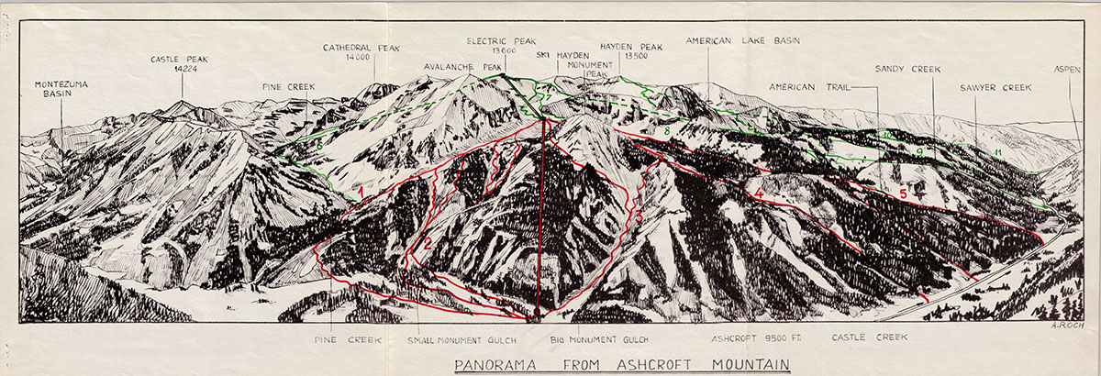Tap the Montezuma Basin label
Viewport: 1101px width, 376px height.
61,88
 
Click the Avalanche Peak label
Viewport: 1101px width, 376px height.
463,67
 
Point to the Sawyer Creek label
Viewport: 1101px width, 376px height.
995,88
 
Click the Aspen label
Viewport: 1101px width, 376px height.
1067,69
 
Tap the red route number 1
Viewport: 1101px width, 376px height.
362,191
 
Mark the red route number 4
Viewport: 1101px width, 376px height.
759,194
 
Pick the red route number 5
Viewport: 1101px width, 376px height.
903,194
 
